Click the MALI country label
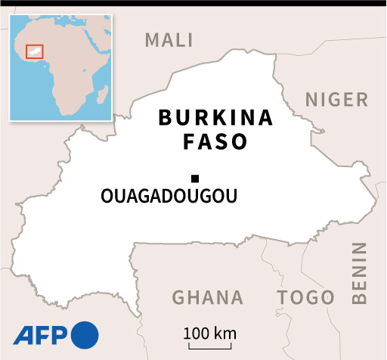169,39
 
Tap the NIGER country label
336,99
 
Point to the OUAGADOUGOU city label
169,197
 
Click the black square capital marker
195,178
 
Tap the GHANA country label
208,297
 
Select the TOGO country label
305,297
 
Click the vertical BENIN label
359,273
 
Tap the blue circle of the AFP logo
85,334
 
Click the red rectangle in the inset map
35,51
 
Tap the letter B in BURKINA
164,118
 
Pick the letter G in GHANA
180,297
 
